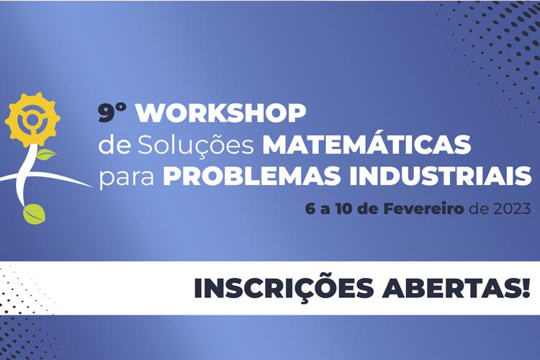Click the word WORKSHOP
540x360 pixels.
[x=221, y=113]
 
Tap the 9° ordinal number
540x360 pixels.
[x=112, y=113]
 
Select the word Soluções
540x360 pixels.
[x=196, y=145]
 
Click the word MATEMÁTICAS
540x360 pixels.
[x=366, y=143]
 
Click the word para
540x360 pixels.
[x=127, y=179]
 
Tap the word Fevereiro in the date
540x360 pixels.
[x=423, y=209]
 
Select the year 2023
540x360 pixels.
[x=512, y=209]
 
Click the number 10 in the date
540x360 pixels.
[x=342, y=209]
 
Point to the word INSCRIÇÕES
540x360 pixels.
[x=284, y=289]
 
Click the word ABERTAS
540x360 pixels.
[x=449, y=289]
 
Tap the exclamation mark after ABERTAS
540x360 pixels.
[x=526, y=288]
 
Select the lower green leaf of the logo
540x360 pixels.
[x=35, y=214]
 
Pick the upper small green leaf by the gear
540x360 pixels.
[x=46, y=154]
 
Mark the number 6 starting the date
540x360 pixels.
[x=310, y=209]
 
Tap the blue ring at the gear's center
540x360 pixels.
[x=33, y=119]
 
